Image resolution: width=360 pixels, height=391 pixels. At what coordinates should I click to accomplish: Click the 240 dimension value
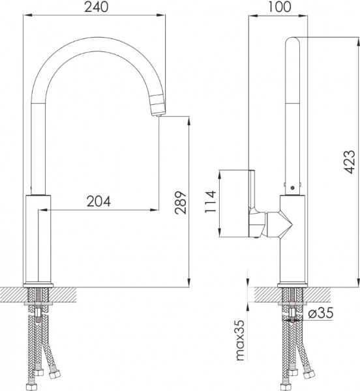tap(94, 7)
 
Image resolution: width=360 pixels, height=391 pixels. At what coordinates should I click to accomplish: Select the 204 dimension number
tap(99, 201)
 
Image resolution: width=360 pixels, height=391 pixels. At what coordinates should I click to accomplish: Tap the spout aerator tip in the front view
tap(157, 106)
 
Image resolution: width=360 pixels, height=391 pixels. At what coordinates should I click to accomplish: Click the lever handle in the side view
tap(254, 202)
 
